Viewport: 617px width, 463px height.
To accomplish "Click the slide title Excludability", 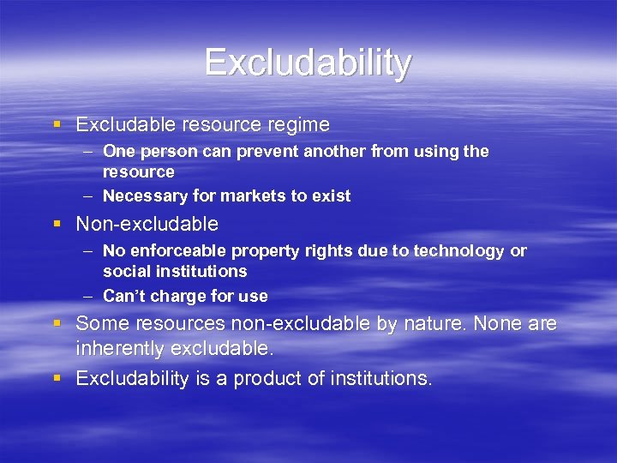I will point(308,63).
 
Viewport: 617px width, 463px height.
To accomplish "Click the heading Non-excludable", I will point(147,225).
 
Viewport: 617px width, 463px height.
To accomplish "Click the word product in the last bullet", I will point(257,378).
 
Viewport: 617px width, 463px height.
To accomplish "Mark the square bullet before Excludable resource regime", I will point(57,125).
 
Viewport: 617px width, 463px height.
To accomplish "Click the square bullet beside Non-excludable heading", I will point(57,225).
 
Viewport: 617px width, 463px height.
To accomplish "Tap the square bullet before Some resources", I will point(57,324).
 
